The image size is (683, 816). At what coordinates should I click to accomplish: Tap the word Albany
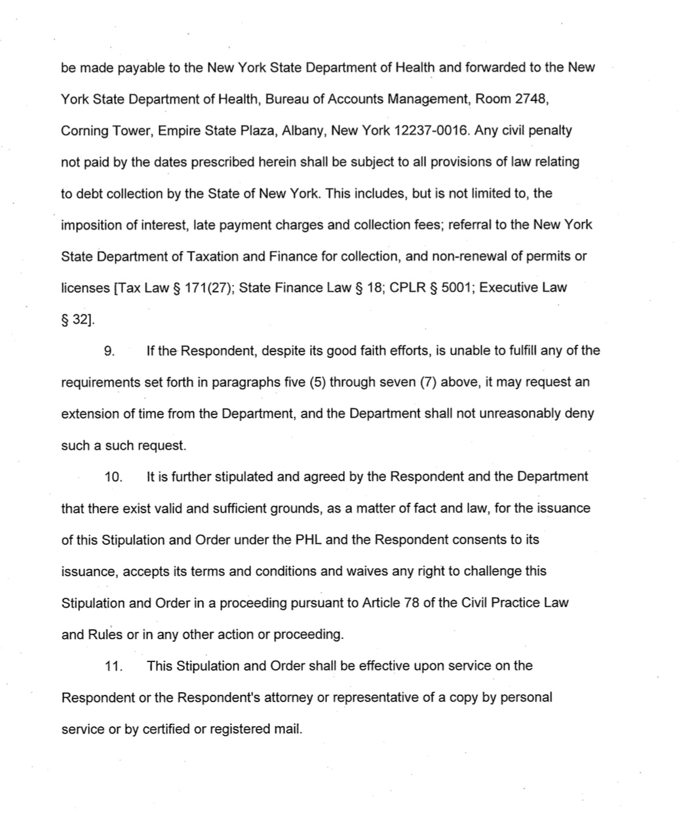coord(303,130)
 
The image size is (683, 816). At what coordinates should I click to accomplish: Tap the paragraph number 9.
coord(109,351)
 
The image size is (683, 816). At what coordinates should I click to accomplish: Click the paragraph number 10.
coord(113,477)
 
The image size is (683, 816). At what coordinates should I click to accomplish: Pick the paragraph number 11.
coord(113,667)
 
